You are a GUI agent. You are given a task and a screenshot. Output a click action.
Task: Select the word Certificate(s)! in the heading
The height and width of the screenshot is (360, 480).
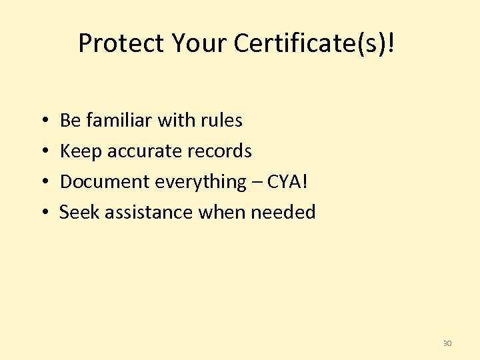(x=315, y=43)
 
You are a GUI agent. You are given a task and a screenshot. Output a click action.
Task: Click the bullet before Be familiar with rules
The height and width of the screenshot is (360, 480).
(x=43, y=121)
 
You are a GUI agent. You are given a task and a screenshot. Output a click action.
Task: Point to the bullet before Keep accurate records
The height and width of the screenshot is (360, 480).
(x=43, y=152)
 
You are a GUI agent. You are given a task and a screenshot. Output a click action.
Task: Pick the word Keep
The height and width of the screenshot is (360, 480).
(x=81, y=152)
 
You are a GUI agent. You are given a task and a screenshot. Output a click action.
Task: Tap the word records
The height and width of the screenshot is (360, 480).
(x=220, y=152)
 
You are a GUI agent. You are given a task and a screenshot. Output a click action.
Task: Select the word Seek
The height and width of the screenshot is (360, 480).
(x=79, y=213)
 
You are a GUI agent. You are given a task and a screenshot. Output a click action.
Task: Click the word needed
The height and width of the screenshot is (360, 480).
(x=283, y=213)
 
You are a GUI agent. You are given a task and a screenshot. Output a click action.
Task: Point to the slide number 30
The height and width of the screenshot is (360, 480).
(x=447, y=343)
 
